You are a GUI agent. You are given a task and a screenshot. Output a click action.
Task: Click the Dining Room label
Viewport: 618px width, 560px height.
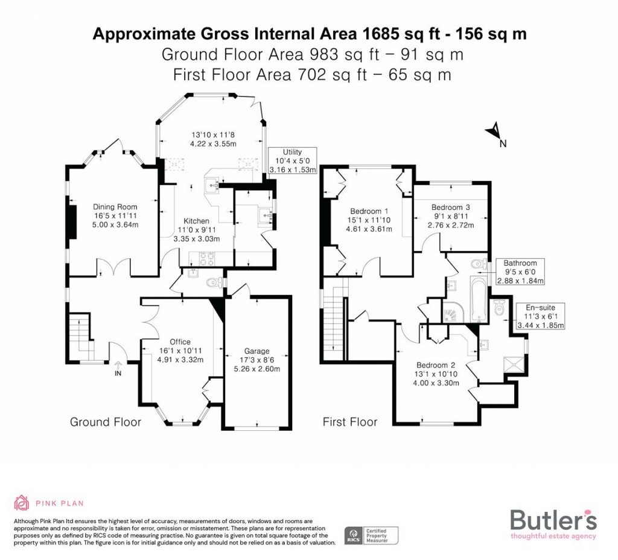pyautogui.click(x=115, y=207)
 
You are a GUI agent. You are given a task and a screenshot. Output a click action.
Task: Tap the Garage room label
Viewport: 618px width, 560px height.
pyautogui.click(x=257, y=351)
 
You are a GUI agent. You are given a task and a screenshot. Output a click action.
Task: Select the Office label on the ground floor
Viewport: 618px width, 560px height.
pyautogui.click(x=180, y=342)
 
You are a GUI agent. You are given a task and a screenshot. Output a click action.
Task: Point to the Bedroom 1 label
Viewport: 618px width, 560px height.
pyautogui.click(x=369, y=211)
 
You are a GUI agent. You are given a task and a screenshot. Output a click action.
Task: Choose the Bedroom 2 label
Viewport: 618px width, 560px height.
pyautogui.click(x=434, y=365)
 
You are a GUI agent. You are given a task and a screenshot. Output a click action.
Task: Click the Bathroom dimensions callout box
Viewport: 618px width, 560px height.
pyautogui.click(x=520, y=272)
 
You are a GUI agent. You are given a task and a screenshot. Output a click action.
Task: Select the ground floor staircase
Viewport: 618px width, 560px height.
pyautogui.click(x=80, y=338)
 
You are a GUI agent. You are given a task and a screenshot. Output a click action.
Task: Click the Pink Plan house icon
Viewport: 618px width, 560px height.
pyautogui.click(x=22, y=503)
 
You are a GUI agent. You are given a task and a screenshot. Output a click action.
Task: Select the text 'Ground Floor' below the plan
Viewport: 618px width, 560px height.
pyautogui.click(x=106, y=422)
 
